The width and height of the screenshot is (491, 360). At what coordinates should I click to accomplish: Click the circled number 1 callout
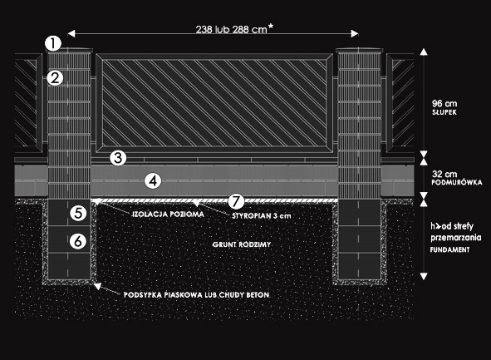point(53,43)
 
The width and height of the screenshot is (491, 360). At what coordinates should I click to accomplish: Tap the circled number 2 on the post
point(55,77)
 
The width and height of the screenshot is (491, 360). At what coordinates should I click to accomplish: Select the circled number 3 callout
point(118,158)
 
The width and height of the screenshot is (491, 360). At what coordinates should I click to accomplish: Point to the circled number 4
point(153,180)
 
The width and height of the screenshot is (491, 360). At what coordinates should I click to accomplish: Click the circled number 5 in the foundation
point(78,213)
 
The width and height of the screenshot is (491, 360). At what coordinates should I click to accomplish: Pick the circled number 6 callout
point(78,241)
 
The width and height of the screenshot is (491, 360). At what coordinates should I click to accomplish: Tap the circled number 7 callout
point(236,201)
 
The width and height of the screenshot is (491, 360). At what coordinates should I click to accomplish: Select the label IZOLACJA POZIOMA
point(168,215)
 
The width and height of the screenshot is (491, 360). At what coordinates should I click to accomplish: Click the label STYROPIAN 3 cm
point(262,215)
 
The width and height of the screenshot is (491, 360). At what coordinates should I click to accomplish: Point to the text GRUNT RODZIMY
point(242,244)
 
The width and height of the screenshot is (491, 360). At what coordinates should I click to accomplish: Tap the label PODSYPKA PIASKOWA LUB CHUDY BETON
point(196,295)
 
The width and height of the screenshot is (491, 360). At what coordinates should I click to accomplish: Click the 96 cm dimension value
point(444,103)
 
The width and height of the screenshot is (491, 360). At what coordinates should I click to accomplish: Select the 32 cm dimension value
point(444,174)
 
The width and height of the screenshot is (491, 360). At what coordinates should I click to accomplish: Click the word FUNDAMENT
point(449,249)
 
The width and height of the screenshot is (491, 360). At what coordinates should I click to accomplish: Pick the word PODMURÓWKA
point(457,182)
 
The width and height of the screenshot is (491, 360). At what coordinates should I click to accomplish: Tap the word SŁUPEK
point(444,112)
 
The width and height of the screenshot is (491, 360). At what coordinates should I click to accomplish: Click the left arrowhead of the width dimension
point(71,33)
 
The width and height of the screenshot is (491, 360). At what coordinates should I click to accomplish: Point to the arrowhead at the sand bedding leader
point(98,286)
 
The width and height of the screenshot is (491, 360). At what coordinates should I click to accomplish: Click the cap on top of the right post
point(359,50)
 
